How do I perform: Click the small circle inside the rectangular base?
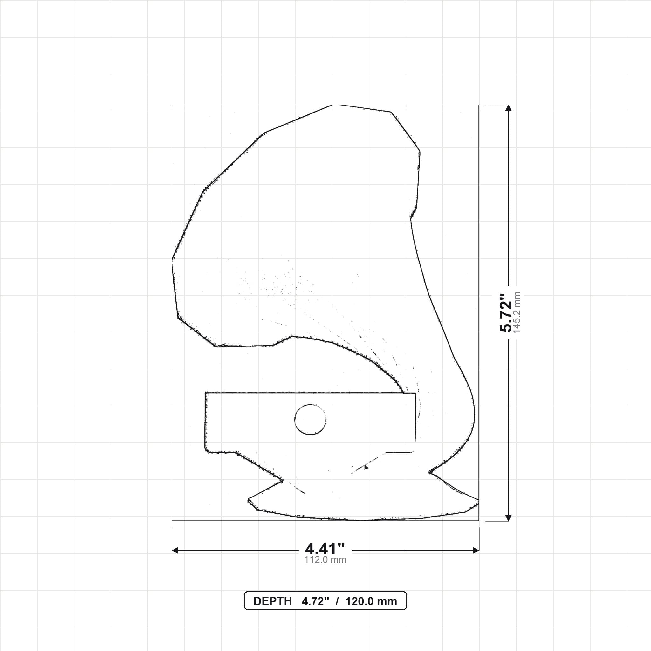[x=310, y=420]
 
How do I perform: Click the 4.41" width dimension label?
[x=325, y=549]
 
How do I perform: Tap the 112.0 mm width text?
[x=325, y=560]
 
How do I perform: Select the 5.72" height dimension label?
[x=505, y=313]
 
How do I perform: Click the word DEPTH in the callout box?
[x=272, y=601]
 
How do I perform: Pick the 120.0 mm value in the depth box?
[x=371, y=601]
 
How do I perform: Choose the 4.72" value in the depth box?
[x=315, y=601]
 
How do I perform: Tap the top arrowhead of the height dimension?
[x=509, y=108]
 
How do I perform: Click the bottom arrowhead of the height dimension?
[x=509, y=518]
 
